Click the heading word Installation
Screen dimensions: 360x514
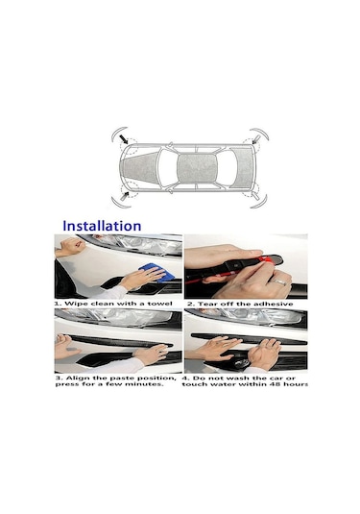click(x=102, y=226)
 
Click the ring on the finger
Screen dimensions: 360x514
click(x=278, y=281)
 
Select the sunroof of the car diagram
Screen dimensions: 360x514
click(x=197, y=168)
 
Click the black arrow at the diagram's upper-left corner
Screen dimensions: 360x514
click(x=124, y=139)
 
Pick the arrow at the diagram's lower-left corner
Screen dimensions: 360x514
click(x=125, y=196)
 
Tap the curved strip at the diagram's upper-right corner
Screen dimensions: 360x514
click(x=260, y=134)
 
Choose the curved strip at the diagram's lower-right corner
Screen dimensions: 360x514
click(x=259, y=201)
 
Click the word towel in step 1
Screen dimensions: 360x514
click(x=160, y=304)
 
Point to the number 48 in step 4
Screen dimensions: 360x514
click(x=275, y=384)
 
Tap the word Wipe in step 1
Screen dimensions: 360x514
click(x=76, y=304)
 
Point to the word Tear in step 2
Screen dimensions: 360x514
click(x=206, y=304)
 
